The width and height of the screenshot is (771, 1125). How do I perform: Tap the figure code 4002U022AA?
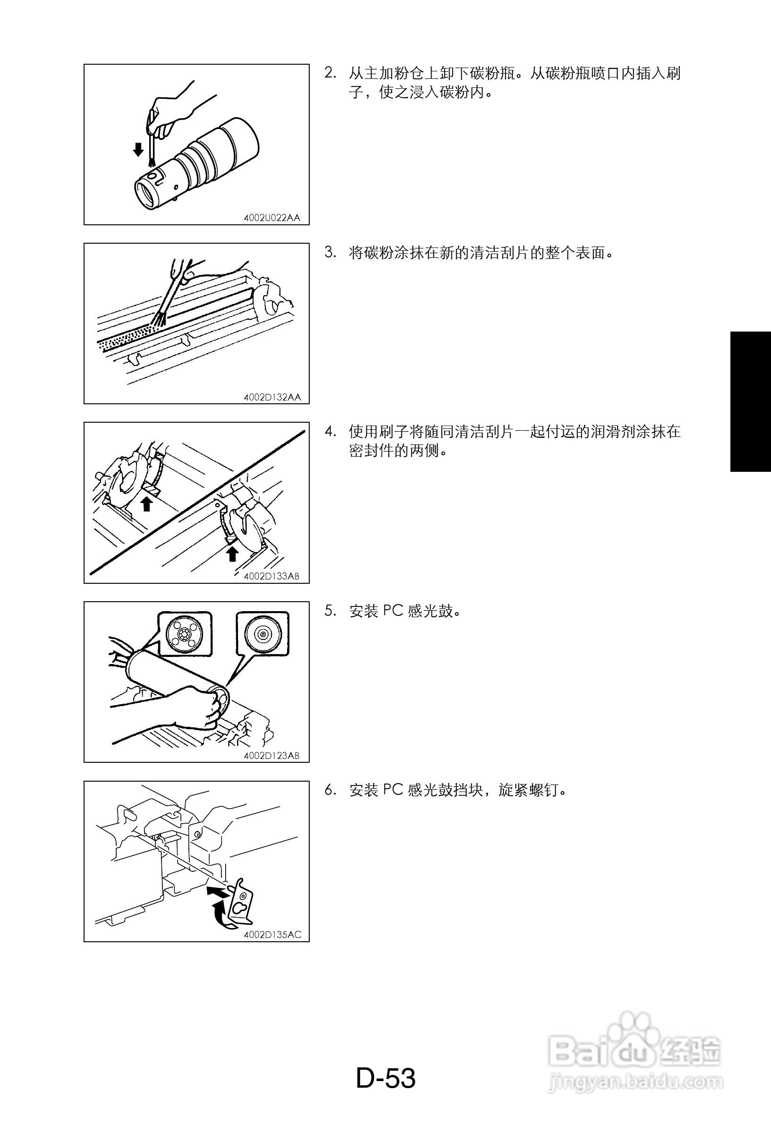[x=271, y=218]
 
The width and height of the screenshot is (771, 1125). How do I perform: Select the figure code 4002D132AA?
[x=272, y=397]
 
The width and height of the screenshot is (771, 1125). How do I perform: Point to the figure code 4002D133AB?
[x=271, y=576]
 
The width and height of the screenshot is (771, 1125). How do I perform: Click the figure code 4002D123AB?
[x=271, y=756]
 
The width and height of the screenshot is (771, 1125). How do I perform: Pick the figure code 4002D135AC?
[x=272, y=935]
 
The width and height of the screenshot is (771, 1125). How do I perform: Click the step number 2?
[x=330, y=73]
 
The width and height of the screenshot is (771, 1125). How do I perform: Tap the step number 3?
[x=330, y=252]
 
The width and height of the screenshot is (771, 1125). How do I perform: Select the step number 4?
[x=330, y=431]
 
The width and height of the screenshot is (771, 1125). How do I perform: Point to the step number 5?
[x=330, y=611]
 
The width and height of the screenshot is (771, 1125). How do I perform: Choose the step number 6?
[x=330, y=790]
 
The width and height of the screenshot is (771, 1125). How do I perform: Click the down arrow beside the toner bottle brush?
[x=138, y=150]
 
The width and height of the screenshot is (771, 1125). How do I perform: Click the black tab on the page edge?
[x=751, y=401]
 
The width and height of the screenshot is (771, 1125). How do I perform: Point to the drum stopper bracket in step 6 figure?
[x=241, y=901]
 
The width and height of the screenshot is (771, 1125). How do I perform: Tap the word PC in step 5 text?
[x=393, y=611]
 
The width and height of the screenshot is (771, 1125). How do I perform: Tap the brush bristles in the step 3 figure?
[x=159, y=319]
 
